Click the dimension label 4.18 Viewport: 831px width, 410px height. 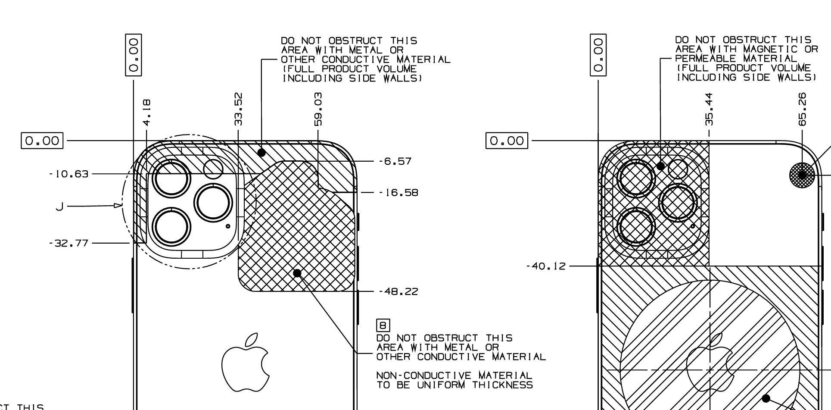click(x=147, y=113)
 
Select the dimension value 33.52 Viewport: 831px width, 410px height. click(x=239, y=109)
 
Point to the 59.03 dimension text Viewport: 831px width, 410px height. click(x=318, y=109)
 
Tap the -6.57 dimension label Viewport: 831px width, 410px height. click(x=395, y=161)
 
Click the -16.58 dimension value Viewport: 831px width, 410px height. click(x=398, y=192)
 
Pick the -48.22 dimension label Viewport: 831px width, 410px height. click(x=398, y=291)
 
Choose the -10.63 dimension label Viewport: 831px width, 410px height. click(x=68, y=174)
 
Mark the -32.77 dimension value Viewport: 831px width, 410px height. click(x=68, y=243)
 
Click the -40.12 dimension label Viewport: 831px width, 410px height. click(x=546, y=266)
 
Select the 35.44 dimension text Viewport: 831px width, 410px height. click(x=709, y=109)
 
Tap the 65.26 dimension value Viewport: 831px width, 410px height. click(x=802, y=109)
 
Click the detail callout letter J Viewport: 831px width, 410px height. click(x=60, y=207)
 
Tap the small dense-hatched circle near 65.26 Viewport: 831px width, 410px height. click(x=802, y=175)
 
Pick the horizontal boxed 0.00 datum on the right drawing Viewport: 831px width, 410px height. click(x=507, y=141)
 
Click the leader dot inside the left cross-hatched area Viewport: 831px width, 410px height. click(x=297, y=273)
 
